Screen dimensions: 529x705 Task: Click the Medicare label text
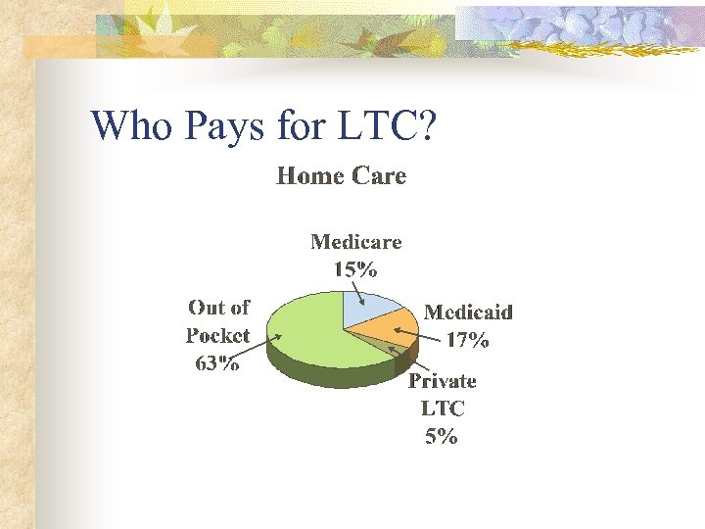point(355,241)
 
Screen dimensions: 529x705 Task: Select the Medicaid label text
point(468,313)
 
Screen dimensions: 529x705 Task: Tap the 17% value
point(467,341)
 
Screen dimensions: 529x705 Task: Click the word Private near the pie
point(442,381)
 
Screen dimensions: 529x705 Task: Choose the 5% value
point(442,437)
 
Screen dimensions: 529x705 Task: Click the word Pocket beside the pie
point(217,335)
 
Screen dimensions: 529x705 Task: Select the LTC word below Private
point(442,409)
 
